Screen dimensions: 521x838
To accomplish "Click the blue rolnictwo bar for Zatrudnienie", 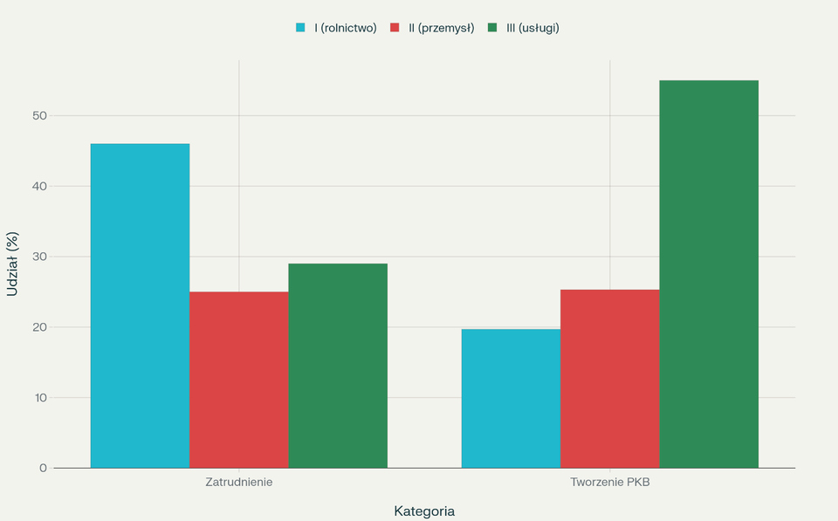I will pos(140,305).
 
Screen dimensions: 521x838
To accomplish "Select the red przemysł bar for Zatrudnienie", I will pos(239,380).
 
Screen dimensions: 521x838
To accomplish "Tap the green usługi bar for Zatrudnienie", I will pos(338,366).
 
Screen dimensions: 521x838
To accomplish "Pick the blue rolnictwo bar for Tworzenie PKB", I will pos(511,398).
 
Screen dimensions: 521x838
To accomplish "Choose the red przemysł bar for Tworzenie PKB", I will pos(609,379).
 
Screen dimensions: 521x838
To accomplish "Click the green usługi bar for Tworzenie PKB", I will pos(709,274).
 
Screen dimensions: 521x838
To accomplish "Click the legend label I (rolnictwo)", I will pos(346,28).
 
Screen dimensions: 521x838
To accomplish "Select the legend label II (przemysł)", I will pos(441,28).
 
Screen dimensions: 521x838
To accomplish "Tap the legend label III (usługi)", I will pos(532,28).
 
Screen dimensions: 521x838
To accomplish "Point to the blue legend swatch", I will pos(301,28).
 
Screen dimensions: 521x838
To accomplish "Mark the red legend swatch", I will pos(395,28).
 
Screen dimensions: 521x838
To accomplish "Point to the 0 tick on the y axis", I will pos(43,469).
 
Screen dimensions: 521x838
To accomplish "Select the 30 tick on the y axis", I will pos(39,257).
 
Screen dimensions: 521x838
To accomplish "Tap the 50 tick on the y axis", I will pos(39,115).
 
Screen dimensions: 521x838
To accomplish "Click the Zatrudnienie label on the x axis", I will pos(239,483).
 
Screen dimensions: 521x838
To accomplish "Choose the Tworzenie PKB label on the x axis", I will pos(609,483).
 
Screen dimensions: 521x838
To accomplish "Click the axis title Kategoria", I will pos(424,511).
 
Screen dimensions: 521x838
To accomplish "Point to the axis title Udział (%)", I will pos(12,264).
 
